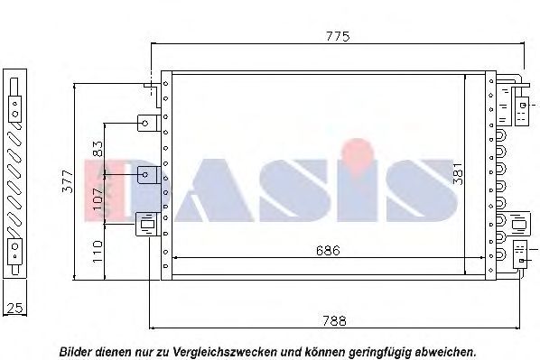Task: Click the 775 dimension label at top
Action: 338,36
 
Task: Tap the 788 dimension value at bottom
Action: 334,321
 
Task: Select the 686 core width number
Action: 328,251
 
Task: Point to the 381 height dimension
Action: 459,174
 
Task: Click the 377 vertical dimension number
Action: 68,181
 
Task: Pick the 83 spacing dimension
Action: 98,149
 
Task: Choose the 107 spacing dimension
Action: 98,198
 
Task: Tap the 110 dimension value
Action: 98,252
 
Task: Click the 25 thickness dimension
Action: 14,308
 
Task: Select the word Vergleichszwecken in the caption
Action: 225,352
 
